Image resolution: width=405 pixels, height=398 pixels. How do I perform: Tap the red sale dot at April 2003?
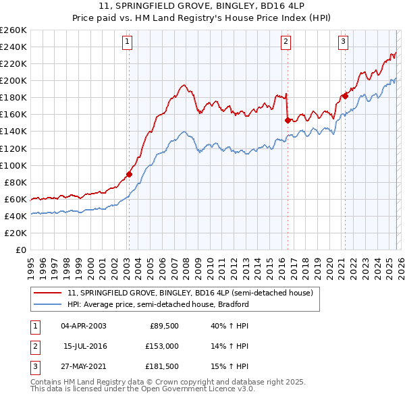click(129, 174)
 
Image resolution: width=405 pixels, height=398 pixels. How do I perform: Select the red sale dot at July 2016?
click(288, 120)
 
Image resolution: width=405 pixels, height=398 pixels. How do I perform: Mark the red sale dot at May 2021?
click(344, 96)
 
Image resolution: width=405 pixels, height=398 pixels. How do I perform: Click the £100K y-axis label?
click(13, 165)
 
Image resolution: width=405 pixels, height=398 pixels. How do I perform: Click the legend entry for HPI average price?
click(158, 304)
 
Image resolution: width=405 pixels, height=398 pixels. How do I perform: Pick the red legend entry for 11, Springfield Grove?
click(190, 293)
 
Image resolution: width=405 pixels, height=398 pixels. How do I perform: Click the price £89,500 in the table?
click(163, 326)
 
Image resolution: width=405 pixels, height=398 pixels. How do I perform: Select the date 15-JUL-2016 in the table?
click(86, 346)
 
